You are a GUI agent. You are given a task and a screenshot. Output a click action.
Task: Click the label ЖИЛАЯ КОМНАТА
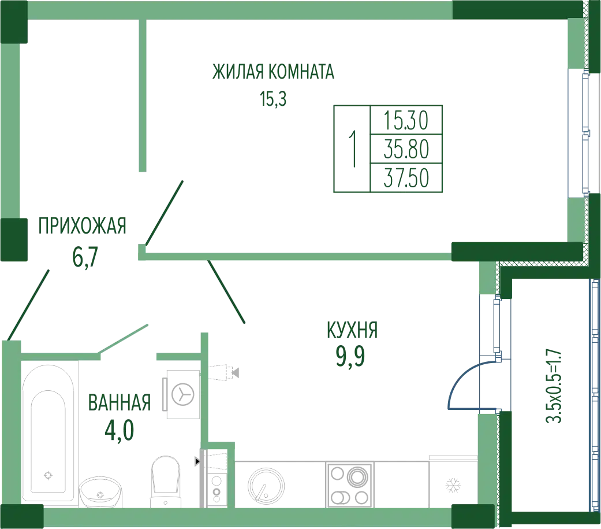[x=273, y=72]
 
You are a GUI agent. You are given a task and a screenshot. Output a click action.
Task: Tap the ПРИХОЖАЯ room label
[x=82, y=225]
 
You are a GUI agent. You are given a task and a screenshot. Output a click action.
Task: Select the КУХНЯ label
[x=352, y=330]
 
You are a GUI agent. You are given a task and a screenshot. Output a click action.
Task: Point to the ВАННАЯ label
[x=120, y=402]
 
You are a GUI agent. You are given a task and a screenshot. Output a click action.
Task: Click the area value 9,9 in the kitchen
[x=350, y=357]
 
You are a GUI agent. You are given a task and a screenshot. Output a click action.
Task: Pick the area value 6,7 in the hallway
[x=85, y=257]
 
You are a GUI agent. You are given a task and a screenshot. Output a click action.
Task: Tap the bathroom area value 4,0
[x=120, y=430]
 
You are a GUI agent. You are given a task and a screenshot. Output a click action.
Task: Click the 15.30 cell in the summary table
[x=406, y=120]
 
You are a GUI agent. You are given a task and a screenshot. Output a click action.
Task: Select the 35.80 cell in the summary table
[x=406, y=149]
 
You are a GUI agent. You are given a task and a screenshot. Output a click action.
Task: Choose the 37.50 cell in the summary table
[x=406, y=178]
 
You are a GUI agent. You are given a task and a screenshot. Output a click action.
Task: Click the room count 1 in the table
[x=352, y=149]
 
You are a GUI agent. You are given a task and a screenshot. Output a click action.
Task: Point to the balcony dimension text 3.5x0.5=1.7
[x=554, y=386]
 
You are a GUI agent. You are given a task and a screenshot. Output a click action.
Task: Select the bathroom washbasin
[x=100, y=492]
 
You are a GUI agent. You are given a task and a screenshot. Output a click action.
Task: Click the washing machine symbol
[x=183, y=394]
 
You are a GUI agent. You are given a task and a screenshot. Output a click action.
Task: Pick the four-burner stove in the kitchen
[x=349, y=484]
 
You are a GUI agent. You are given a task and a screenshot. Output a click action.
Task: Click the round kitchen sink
[x=266, y=486]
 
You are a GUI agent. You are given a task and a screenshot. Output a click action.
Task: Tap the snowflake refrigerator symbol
[x=453, y=486]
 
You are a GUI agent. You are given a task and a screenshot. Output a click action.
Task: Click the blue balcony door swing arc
[x=457, y=379]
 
